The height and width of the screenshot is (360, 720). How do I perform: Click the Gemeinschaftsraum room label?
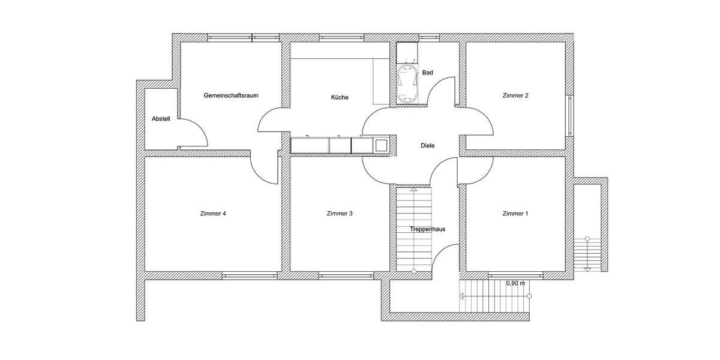231,95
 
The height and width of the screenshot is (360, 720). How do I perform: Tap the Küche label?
339,97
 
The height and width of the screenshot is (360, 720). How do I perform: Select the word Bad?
427,73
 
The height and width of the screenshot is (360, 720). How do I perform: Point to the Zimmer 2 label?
515,95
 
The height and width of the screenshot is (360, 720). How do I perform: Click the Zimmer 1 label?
515,214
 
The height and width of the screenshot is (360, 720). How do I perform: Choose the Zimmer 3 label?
340,214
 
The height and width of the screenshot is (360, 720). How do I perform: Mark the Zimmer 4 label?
213,214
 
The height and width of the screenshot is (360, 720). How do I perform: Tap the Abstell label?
161,119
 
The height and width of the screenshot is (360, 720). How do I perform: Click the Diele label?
427,145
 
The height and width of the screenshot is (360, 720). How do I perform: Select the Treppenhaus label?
427,229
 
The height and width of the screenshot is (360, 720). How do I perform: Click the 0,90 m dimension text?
515,283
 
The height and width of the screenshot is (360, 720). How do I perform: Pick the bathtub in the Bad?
409,84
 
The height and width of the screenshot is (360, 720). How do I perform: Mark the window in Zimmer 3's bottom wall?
347,275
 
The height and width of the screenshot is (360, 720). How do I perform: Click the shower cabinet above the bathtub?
408,53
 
